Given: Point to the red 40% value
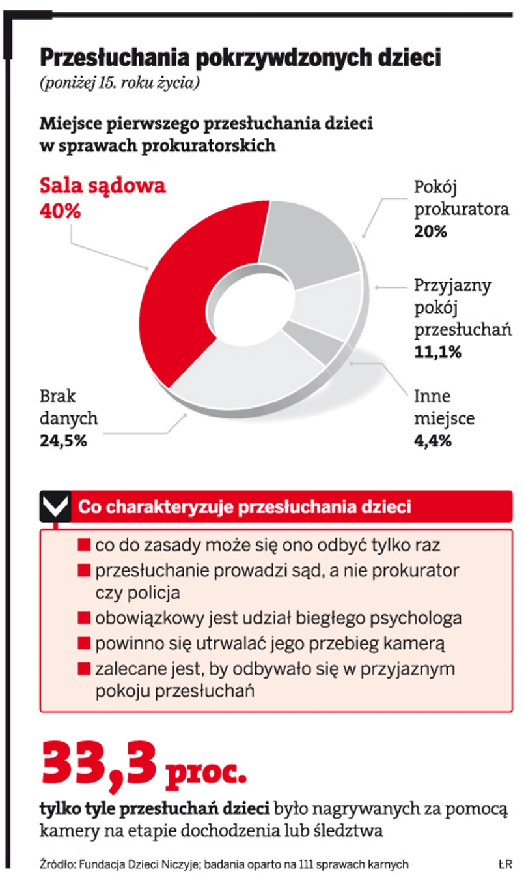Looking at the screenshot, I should tap(61, 212).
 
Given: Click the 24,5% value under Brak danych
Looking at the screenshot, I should tap(63, 441).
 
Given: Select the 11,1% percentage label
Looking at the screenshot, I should tap(438, 352).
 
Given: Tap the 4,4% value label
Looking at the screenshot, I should tap(433, 441).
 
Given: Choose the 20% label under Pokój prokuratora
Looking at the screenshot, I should tap(431, 231).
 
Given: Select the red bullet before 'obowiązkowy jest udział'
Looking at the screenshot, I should tap(83, 617).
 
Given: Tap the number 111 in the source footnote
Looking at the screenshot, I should tap(302, 864).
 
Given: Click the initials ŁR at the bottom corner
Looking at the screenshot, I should tap(504, 864).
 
